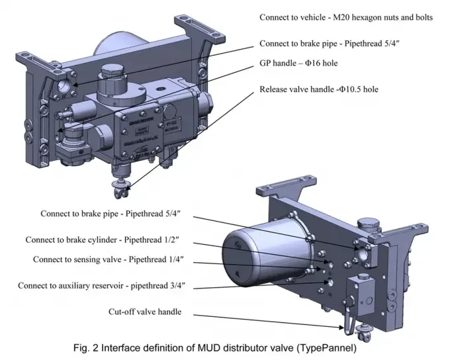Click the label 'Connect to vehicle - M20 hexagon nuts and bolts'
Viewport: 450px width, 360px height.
click(x=346, y=17)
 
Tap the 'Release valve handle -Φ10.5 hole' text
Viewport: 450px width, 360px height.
click(x=328, y=89)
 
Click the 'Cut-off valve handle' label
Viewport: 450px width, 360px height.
click(x=144, y=312)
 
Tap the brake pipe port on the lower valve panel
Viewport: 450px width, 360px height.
click(x=364, y=252)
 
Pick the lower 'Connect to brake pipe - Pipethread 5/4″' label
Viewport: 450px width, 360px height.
click(x=111, y=214)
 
